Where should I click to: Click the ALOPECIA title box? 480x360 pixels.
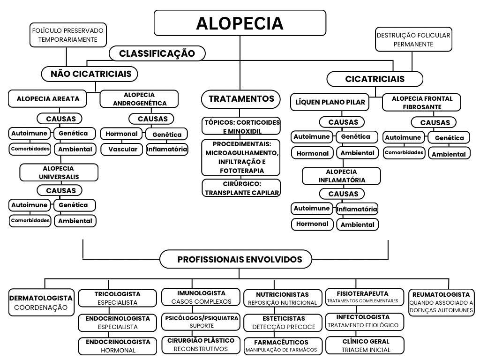coord(240,23)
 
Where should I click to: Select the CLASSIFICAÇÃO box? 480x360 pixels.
coord(157,53)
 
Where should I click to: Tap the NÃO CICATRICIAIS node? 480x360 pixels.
coord(90,74)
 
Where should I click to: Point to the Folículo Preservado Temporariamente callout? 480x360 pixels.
coord(67,35)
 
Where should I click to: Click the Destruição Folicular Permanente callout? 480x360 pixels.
coord(413,39)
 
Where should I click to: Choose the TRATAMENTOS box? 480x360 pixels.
coord(241,99)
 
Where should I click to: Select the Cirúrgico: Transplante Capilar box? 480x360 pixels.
coord(241,188)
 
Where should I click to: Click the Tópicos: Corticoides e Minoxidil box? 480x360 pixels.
coord(241,127)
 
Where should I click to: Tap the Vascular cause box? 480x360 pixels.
coord(123,149)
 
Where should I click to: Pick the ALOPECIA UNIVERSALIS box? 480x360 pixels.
coord(59,172)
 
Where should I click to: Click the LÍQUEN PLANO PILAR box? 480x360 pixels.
coord(330,102)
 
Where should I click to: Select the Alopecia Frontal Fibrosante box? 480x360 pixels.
coord(422,103)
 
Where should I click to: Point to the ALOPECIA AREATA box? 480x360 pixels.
coord(48,99)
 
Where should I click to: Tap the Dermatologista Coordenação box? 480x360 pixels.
coord(41,302)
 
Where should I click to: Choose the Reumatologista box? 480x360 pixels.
coord(441,302)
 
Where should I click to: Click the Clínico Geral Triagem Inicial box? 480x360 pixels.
coord(365,345)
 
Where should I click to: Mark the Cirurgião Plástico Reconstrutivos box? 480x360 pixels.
coord(200,345)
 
